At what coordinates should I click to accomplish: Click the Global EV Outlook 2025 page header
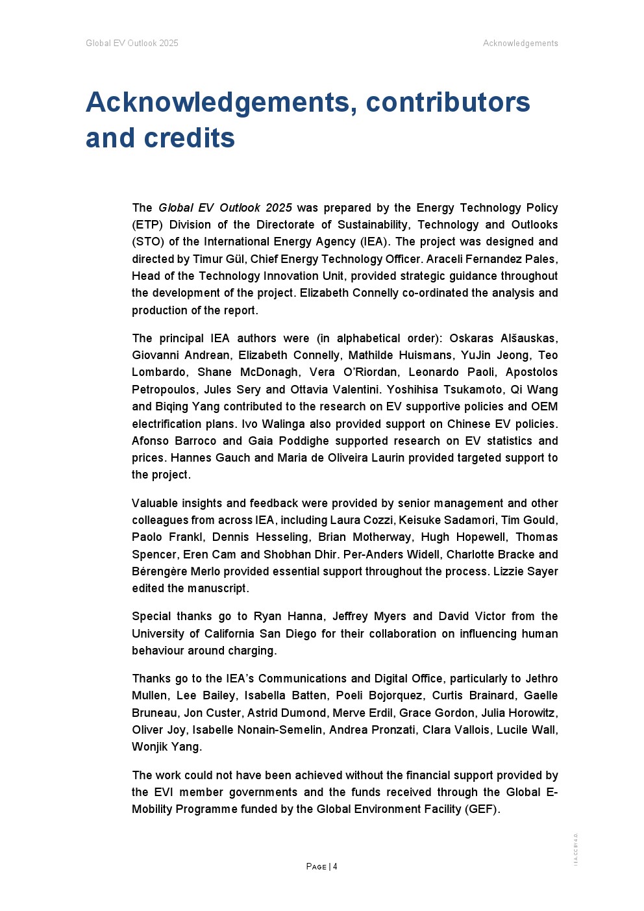(x=132, y=44)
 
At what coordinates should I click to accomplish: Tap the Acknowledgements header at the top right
(x=520, y=44)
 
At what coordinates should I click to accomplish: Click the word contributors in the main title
(x=448, y=103)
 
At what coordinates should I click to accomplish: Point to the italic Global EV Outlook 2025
(x=225, y=208)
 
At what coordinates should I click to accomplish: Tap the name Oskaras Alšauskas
(x=503, y=338)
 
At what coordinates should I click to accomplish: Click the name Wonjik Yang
(x=166, y=747)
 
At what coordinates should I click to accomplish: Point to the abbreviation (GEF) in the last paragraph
(x=482, y=809)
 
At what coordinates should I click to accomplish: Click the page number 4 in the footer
(x=335, y=867)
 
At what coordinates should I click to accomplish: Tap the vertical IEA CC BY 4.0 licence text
(x=576, y=849)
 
